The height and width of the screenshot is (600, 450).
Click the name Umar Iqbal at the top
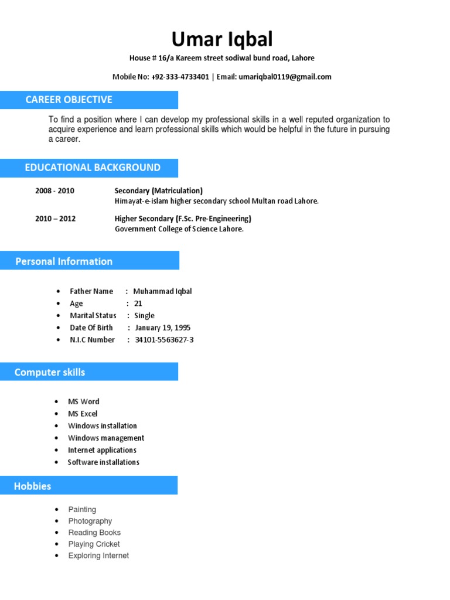coord(222,39)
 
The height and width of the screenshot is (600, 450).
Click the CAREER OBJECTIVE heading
coord(69,100)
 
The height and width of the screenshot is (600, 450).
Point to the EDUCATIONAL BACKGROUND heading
coord(93,168)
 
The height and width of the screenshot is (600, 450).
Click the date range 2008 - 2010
coord(55,190)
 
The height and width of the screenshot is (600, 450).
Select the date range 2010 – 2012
coord(56,219)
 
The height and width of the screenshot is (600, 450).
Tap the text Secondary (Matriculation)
coord(159,190)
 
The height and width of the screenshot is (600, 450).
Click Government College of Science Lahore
coord(179,229)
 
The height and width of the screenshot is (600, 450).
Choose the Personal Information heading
coord(64,261)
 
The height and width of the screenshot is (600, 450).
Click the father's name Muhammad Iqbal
coord(162,291)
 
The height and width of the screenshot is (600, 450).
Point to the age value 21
coord(138,304)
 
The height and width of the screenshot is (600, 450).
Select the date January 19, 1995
coord(162,328)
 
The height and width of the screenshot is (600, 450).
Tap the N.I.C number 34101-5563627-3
coord(164,340)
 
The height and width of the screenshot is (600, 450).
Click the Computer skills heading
coord(50,372)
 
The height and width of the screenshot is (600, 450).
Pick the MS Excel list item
coord(83,414)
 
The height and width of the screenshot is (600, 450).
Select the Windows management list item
coord(106,438)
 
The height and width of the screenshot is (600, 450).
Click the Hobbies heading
coord(33,486)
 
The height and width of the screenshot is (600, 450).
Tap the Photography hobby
coord(90,521)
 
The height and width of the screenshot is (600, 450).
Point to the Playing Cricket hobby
coord(94,544)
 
